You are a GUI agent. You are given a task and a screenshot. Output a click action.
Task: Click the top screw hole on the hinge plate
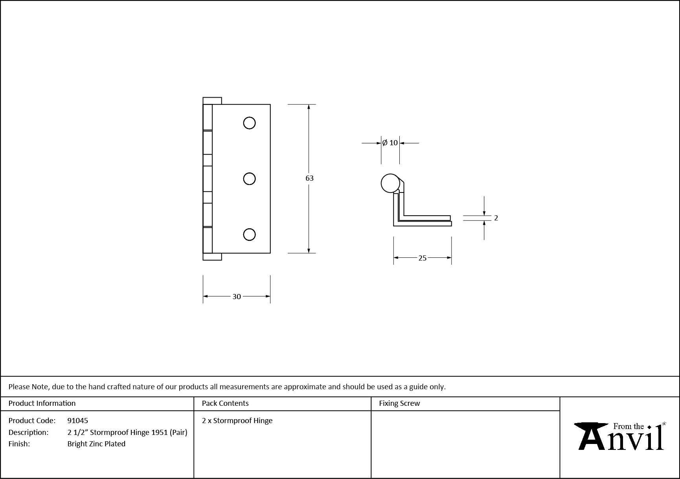pos(249,123)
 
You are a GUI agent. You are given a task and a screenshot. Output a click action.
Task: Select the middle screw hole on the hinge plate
pos(249,179)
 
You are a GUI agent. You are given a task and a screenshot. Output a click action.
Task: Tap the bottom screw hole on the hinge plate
pos(249,235)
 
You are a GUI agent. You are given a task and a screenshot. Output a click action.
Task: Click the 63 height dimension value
pos(309,178)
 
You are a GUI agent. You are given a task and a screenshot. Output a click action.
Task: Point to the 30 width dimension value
pos(237,297)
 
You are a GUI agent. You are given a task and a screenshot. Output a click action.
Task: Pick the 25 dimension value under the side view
pos(422,258)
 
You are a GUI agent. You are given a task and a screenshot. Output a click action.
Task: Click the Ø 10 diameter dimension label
pos(390,143)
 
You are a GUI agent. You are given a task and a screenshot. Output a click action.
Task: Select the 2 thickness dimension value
pos(496,218)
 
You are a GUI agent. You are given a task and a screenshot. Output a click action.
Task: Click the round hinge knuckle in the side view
pos(390,183)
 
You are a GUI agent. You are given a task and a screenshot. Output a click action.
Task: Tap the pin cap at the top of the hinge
pos(212,101)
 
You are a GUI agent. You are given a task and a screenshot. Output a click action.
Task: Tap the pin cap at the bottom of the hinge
pos(212,257)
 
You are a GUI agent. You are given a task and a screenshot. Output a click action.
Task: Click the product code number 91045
pos(78,420)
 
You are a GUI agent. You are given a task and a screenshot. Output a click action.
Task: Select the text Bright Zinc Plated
pos(96,444)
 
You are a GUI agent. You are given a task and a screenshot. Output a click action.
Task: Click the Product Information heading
pos(42,403)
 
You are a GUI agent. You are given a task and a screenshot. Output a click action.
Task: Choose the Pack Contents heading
pos(225,403)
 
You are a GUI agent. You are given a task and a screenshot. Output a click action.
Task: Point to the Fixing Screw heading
pos(399,403)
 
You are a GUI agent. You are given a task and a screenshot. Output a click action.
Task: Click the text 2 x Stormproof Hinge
pos(237,420)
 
